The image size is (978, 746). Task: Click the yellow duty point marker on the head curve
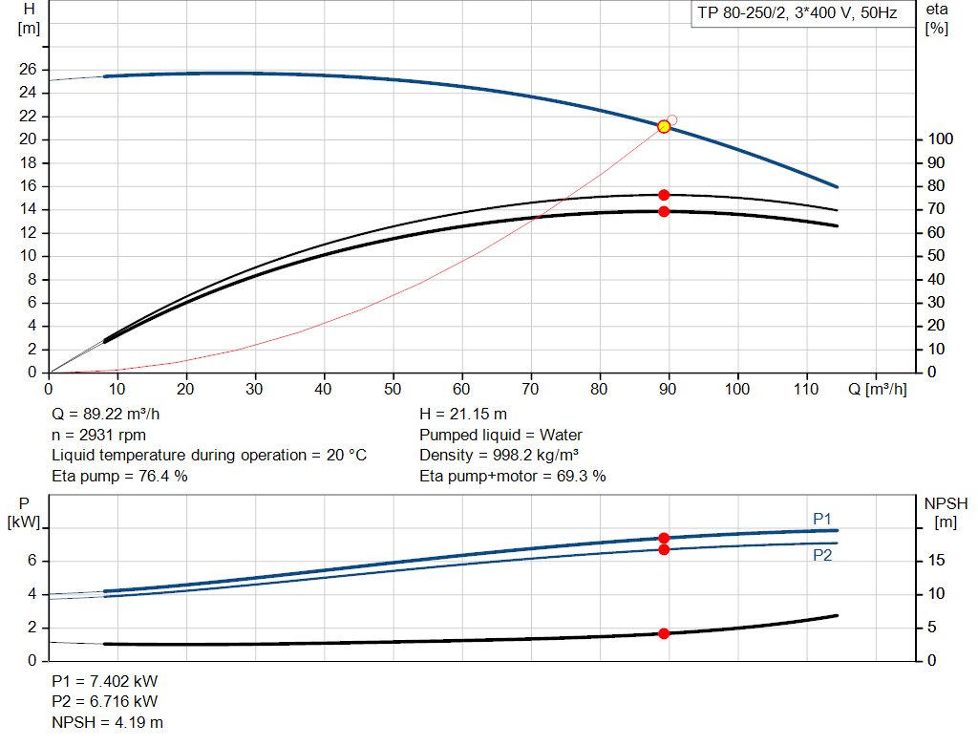point(664,126)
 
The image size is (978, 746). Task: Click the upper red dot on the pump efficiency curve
point(664,195)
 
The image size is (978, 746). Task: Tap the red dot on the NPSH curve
point(664,633)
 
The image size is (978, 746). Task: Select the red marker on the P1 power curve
point(664,539)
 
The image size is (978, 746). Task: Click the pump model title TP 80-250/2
point(795,15)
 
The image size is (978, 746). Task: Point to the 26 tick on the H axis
point(28,70)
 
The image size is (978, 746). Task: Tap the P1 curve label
point(822,519)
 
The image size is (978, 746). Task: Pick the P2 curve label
point(822,555)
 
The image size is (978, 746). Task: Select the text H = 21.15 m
point(463,415)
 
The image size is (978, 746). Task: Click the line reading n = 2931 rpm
point(98,435)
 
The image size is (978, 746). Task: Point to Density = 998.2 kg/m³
point(500,455)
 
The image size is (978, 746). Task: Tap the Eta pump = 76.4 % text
point(119,476)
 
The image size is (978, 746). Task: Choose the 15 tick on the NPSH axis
point(937,561)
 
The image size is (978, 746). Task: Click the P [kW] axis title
point(23,513)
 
